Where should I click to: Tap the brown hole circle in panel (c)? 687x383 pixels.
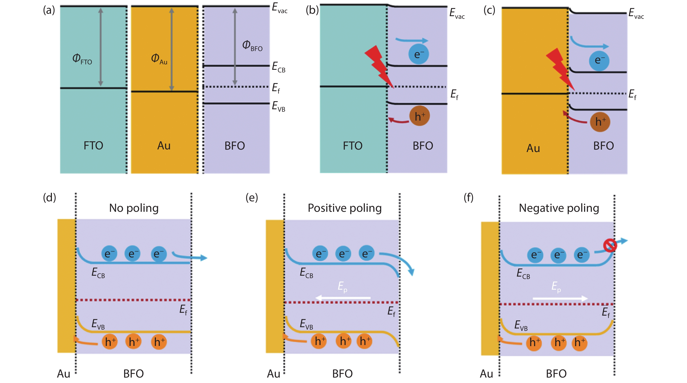pyautogui.click(x=600, y=122)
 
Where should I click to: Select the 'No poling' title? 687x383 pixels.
pyautogui.click(x=134, y=208)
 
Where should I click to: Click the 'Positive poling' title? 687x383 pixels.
pyautogui.click(x=345, y=208)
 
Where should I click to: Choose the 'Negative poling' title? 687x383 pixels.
pyautogui.click(x=559, y=208)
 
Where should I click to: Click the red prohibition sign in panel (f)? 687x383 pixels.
pyautogui.click(x=610, y=245)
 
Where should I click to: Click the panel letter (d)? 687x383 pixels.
pyautogui.click(x=50, y=198)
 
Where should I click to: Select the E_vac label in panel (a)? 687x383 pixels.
pyautogui.click(x=279, y=8)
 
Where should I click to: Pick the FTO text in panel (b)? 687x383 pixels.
pyautogui.click(x=353, y=146)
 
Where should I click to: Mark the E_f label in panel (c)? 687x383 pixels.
pyautogui.click(x=632, y=94)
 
